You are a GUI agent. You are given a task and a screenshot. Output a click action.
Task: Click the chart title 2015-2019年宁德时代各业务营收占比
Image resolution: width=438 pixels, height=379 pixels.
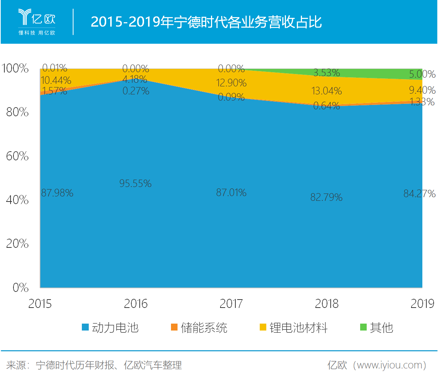(x=206, y=22)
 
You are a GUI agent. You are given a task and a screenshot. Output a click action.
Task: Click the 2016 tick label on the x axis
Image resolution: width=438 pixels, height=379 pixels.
(x=136, y=304)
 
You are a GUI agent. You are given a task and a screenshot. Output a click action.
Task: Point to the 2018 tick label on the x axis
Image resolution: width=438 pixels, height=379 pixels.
(x=326, y=304)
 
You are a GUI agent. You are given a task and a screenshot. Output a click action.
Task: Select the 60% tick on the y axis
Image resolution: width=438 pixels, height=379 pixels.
(x=17, y=156)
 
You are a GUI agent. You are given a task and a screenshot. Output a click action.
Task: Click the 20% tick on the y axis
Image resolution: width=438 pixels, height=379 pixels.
(x=17, y=243)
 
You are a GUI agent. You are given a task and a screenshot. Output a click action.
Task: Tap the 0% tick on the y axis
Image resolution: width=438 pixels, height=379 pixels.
(x=20, y=288)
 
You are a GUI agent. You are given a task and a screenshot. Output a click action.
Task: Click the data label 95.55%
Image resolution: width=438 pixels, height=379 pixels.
(x=135, y=183)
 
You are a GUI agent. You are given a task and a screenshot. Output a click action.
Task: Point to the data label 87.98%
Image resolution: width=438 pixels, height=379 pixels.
(x=57, y=193)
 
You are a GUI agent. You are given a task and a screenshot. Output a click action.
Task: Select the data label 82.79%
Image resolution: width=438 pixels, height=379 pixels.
(x=326, y=198)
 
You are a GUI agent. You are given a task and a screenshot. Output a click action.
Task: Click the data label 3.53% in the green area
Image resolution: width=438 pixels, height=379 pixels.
(x=326, y=73)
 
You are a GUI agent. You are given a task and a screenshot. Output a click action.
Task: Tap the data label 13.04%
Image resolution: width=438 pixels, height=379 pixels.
(x=326, y=91)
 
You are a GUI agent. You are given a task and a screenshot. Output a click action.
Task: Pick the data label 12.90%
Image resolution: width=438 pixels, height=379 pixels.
(x=231, y=83)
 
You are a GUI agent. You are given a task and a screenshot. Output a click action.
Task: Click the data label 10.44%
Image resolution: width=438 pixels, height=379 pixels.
(x=56, y=80)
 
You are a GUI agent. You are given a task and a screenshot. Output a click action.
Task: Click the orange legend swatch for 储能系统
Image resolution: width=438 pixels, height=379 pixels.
(x=174, y=327)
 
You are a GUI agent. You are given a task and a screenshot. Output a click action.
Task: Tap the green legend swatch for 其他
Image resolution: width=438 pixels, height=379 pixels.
(x=363, y=327)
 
